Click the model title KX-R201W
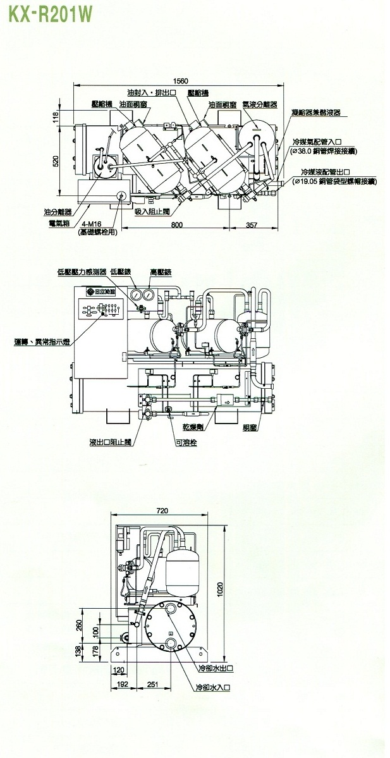coord(43,12)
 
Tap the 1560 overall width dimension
coord(181,81)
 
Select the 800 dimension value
coord(176,224)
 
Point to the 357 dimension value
coord(252,224)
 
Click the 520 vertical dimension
coord(55,162)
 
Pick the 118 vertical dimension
coord(55,116)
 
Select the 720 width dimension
coord(164,510)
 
